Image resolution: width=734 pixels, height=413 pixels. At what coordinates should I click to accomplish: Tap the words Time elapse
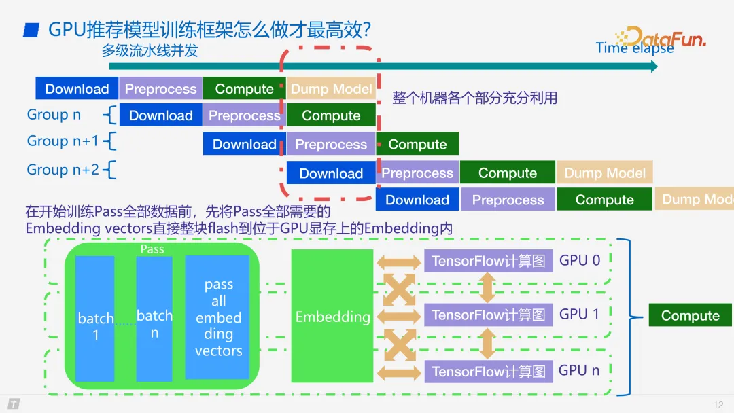[x=634, y=48]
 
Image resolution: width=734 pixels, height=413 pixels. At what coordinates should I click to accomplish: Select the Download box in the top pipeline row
[x=77, y=89]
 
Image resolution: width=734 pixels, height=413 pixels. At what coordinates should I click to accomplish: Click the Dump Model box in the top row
[x=331, y=89]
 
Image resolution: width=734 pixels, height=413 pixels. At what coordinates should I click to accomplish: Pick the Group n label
[x=54, y=115]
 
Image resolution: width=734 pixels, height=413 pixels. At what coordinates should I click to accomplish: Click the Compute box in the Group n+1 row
[x=417, y=144]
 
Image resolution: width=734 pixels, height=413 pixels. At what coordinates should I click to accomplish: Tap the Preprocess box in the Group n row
[x=244, y=115]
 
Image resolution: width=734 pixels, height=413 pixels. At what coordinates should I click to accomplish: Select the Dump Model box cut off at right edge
[x=695, y=200]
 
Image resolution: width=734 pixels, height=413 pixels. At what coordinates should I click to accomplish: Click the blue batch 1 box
[x=95, y=319]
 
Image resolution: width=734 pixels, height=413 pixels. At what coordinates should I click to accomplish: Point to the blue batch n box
[x=154, y=319]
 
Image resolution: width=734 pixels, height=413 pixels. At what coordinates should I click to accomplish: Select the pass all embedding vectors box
[x=218, y=317]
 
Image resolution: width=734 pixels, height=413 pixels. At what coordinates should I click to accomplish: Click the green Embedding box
[x=332, y=317]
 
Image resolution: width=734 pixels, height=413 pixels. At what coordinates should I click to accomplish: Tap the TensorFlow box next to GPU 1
[x=488, y=315]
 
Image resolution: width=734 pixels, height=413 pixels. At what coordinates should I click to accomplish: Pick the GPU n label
[x=579, y=371]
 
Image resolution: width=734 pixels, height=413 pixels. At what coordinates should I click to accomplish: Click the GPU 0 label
[x=579, y=260]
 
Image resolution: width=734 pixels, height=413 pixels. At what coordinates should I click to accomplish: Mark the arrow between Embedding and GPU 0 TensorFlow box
[x=399, y=262]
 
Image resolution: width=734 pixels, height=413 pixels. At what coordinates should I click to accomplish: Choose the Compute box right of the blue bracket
[x=690, y=316]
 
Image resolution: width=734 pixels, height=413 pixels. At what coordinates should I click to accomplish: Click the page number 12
[x=718, y=405]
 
